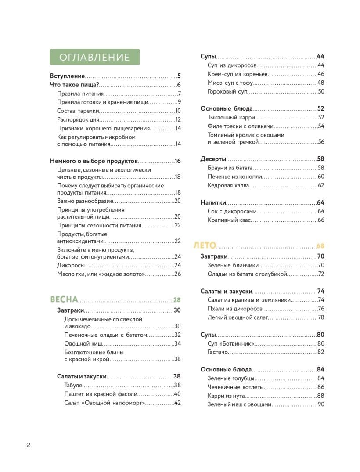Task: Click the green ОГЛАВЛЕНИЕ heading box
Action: [94, 57]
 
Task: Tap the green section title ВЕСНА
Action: [64, 299]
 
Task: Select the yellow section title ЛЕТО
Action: [205, 245]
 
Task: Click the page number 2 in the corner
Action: [29, 445]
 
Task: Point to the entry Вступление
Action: [67, 76]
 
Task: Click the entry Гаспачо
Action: [217, 352]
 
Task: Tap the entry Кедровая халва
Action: [228, 185]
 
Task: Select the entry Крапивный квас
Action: [229, 220]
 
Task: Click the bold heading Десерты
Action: [213, 159]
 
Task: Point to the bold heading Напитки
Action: [213, 202]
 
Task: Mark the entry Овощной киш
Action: [83, 343]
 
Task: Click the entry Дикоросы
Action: [71, 265]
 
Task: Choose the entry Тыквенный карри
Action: [230, 117]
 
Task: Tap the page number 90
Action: [320, 404]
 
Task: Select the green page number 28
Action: [177, 300]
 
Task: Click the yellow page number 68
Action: [320, 246]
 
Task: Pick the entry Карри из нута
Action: [226, 396]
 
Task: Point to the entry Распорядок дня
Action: [78, 119]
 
